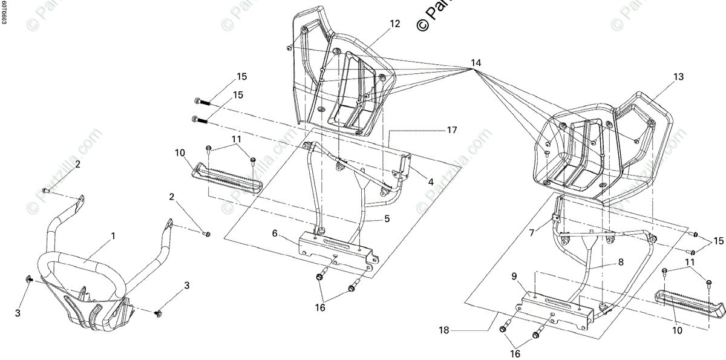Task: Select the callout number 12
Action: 394,24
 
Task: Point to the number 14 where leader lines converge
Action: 476,63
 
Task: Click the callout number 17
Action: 453,130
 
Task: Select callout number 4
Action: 431,182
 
